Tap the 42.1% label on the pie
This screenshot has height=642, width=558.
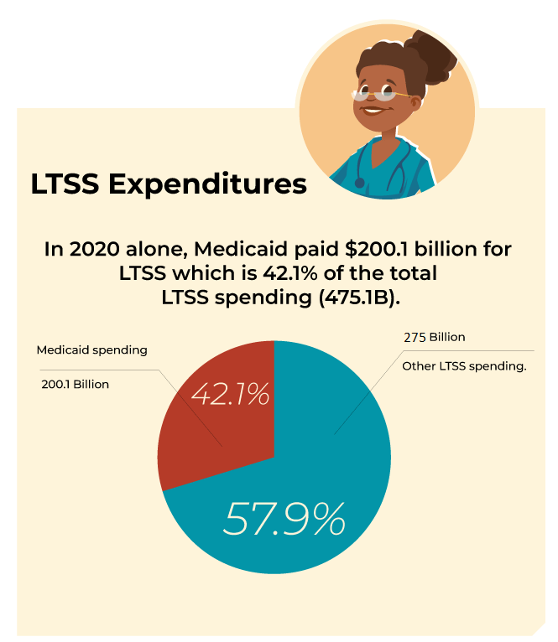coord(230,394)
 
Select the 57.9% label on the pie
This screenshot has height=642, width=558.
coord(284,520)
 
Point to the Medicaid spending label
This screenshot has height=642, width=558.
coord(91,349)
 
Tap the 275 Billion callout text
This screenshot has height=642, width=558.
coord(435,337)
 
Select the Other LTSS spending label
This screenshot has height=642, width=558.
coord(464,366)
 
